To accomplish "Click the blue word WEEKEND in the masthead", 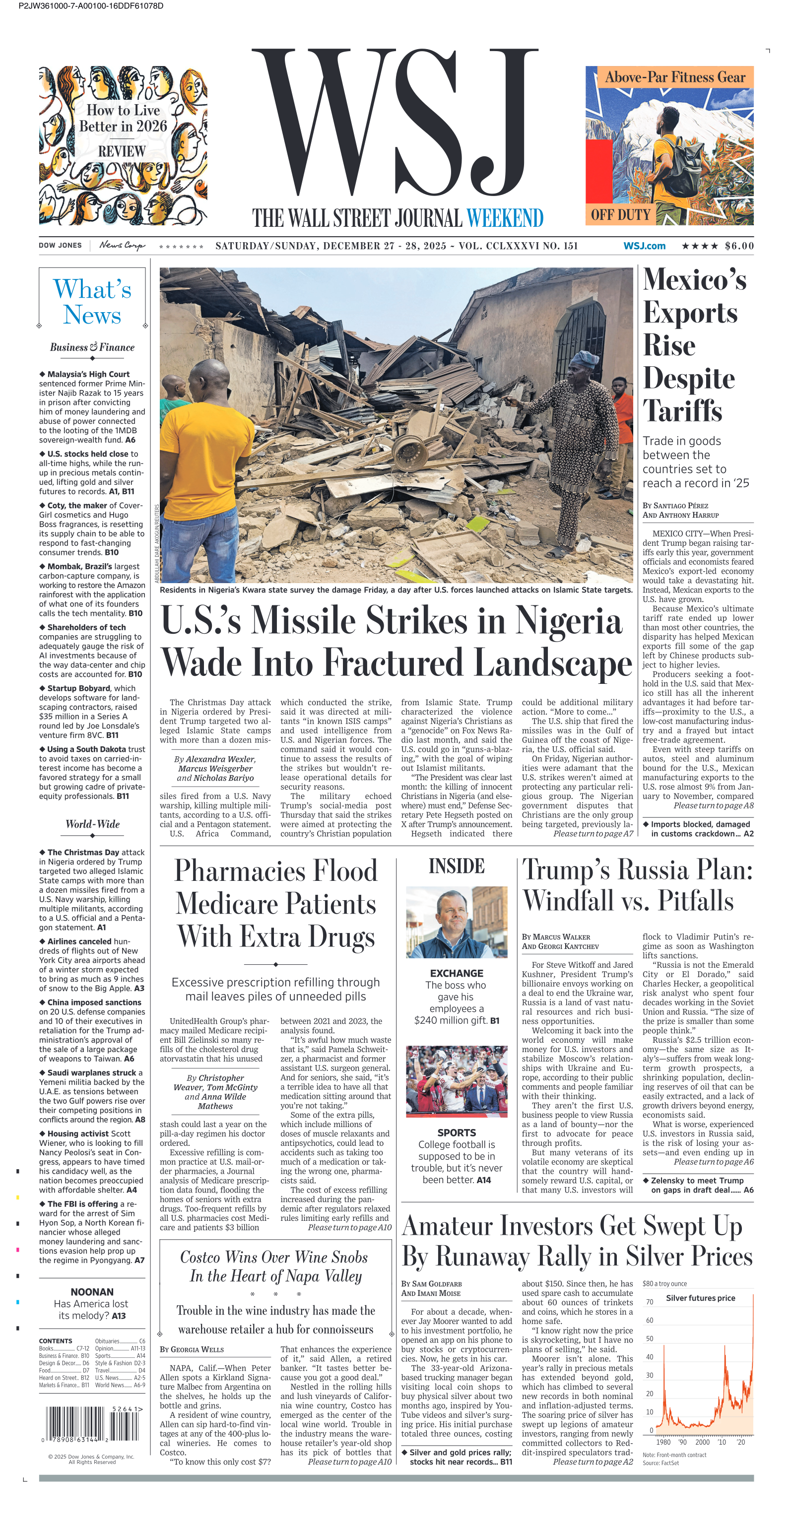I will pyautogui.click(x=505, y=218).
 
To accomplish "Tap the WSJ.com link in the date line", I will pyautogui.click(x=644, y=246).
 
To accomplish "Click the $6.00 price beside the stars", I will pyautogui.click(x=739, y=246).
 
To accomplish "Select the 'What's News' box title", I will pyautogui.click(x=92, y=302).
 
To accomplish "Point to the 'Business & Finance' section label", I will pyautogui.click(x=92, y=347).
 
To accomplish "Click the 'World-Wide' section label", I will pyautogui.click(x=92, y=824).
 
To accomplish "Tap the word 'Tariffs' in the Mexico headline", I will pyautogui.click(x=682, y=411).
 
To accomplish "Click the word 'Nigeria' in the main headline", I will pyautogui.click(x=568, y=620).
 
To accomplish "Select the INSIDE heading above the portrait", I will pyautogui.click(x=457, y=866).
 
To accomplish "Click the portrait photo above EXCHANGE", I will pyautogui.click(x=457, y=922).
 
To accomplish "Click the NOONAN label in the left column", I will pyautogui.click(x=92, y=1292).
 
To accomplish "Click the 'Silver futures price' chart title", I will pyautogui.click(x=700, y=1298).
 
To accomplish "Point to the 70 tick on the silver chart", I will pyautogui.click(x=650, y=1302).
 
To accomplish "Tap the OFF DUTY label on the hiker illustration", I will pyautogui.click(x=620, y=214).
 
